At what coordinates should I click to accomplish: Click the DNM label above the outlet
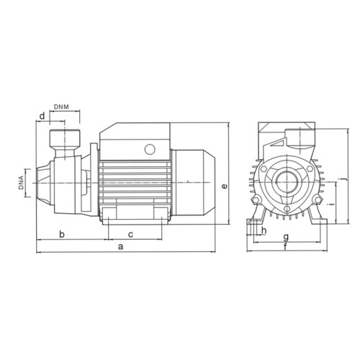click(x=61, y=107)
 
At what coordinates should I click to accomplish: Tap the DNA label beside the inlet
click(x=22, y=183)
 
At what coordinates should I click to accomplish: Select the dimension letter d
click(x=42, y=116)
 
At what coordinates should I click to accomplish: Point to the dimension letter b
click(x=62, y=234)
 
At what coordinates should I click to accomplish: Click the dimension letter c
click(x=130, y=235)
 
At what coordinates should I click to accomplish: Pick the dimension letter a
click(x=120, y=246)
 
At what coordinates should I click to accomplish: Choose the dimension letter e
click(x=224, y=186)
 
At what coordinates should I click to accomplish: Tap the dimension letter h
click(x=264, y=230)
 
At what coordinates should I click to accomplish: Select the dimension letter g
click(x=286, y=238)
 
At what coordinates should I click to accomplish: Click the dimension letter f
click(x=286, y=247)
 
